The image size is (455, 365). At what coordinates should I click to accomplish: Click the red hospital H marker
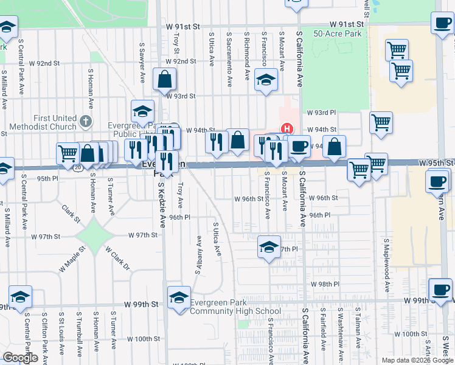click(x=287, y=129)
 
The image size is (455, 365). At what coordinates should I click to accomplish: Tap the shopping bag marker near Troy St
click(x=165, y=79)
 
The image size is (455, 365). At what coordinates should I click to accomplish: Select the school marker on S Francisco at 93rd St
click(x=266, y=80)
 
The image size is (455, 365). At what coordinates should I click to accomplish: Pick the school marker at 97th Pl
click(x=268, y=247)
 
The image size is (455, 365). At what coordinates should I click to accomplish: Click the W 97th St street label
click(x=143, y=235)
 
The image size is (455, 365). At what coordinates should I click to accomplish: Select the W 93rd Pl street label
click(x=321, y=113)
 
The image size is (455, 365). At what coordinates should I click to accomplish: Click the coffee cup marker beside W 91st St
click(x=442, y=24)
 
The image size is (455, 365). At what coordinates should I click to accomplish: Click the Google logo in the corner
click(x=21, y=358)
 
